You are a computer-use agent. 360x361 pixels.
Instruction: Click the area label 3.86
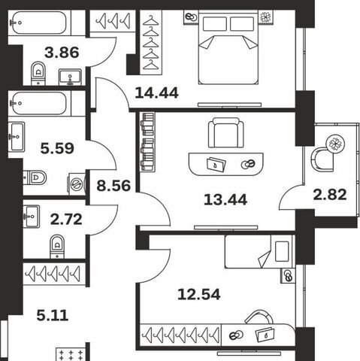pyautogui.click(x=62, y=53)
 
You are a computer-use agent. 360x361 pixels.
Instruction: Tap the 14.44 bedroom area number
pyautogui.click(x=156, y=93)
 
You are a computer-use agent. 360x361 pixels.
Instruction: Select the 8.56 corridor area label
pyautogui.click(x=113, y=186)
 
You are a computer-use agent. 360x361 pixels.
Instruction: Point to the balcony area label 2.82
pyautogui.click(x=330, y=195)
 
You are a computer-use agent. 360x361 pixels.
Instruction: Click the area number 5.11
pyautogui.click(x=53, y=315)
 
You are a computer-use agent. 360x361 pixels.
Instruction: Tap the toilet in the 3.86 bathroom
pyautogui.click(x=38, y=73)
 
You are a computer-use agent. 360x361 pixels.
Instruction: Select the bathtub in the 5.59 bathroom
pyautogui.click(x=40, y=103)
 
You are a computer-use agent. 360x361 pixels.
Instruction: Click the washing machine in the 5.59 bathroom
pyautogui.click(x=77, y=184)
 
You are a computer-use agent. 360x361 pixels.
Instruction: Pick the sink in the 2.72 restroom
pyautogui.click(x=32, y=217)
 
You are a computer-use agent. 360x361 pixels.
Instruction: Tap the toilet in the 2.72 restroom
pyautogui.click(x=57, y=247)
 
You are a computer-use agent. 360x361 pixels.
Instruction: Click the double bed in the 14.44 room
pyautogui.click(x=228, y=48)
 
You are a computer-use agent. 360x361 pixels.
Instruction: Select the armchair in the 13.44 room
pyautogui.click(x=226, y=132)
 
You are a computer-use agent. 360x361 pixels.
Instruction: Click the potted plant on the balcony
pyautogui.click(x=335, y=144)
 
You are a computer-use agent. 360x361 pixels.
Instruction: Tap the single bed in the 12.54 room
pyautogui.click(x=259, y=251)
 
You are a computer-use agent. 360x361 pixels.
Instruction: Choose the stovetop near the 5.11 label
pyautogui.click(x=71, y=354)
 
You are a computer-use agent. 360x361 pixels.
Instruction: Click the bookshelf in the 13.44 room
pyautogui.click(x=147, y=142)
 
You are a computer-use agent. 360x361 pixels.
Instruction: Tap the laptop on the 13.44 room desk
pyautogui.click(x=216, y=165)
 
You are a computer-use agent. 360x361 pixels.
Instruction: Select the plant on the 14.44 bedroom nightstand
pyautogui.click(x=266, y=17)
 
